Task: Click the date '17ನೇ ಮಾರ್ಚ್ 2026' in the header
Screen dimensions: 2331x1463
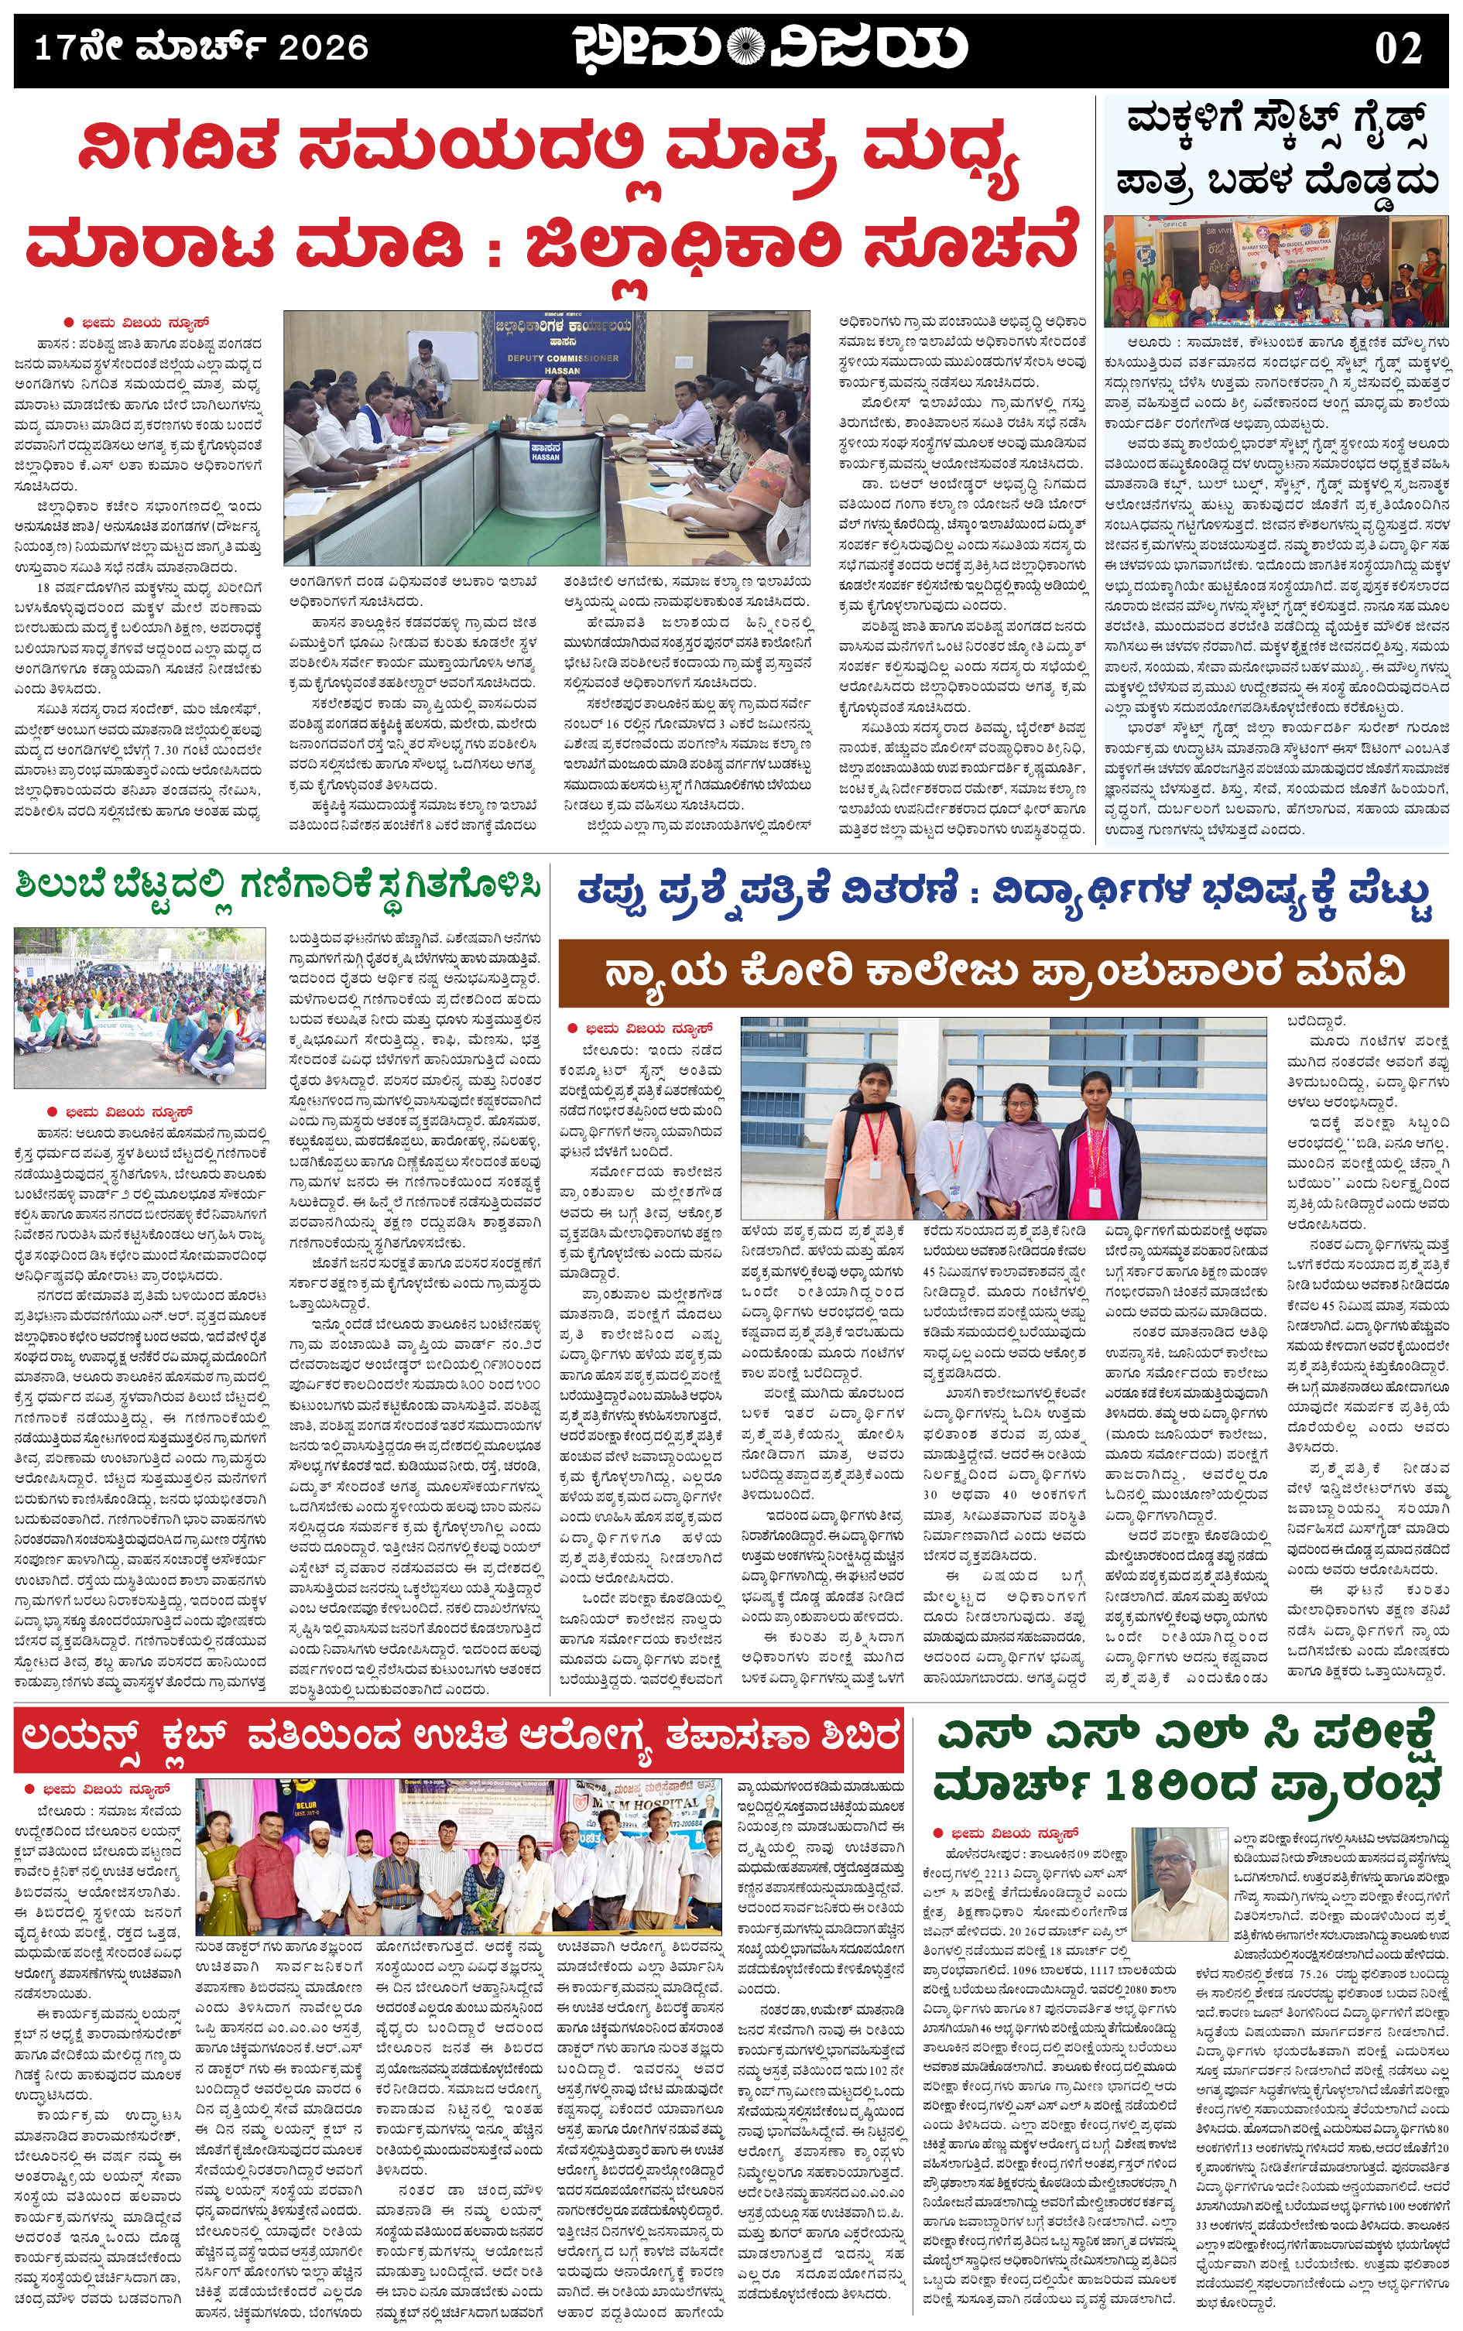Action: (201, 47)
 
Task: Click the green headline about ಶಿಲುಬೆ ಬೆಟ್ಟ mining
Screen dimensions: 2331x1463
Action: (277, 885)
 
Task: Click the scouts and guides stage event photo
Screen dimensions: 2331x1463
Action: (1277, 271)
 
